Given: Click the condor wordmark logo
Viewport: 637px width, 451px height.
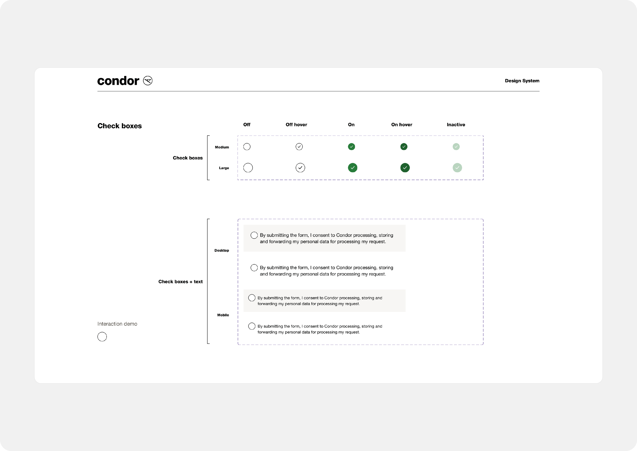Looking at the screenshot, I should (x=118, y=81).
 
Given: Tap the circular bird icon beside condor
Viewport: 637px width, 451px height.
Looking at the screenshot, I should (x=148, y=81).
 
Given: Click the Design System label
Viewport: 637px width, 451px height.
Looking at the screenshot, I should (x=522, y=81).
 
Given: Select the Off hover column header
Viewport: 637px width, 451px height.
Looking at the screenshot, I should (x=296, y=125).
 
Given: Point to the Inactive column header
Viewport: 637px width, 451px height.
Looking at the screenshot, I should (x=456, y=125).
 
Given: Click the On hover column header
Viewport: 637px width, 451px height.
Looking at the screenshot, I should (x=402, y=125).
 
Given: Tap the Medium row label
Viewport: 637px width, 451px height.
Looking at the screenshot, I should (x=222, y=147).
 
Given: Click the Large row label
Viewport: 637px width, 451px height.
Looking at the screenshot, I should (x=224, y=168).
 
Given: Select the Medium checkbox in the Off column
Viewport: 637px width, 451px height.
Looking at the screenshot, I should (x=247, y=147).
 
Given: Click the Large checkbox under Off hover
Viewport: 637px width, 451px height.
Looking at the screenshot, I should (x=300, y=168).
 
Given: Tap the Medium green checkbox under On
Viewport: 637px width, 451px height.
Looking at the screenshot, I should (x=351, y=147).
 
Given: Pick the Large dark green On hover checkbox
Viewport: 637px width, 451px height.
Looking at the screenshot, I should (x=405, y=168).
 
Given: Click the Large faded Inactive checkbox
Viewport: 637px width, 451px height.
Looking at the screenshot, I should (x=457, y=168).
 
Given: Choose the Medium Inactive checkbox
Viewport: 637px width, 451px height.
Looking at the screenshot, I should (x=456, y=147).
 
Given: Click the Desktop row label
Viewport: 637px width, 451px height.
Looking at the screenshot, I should (x=222, y=250).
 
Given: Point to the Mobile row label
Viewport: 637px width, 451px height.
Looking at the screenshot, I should (x=223, y=315).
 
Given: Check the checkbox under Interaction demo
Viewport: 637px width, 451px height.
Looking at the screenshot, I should (x=102, y=337).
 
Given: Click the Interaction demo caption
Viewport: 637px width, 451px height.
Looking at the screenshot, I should (x=117, y=324).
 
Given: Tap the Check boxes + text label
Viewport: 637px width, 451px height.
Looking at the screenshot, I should (x=180, y=282).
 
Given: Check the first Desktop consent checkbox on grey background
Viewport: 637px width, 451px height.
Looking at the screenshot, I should (x=254, y=235).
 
